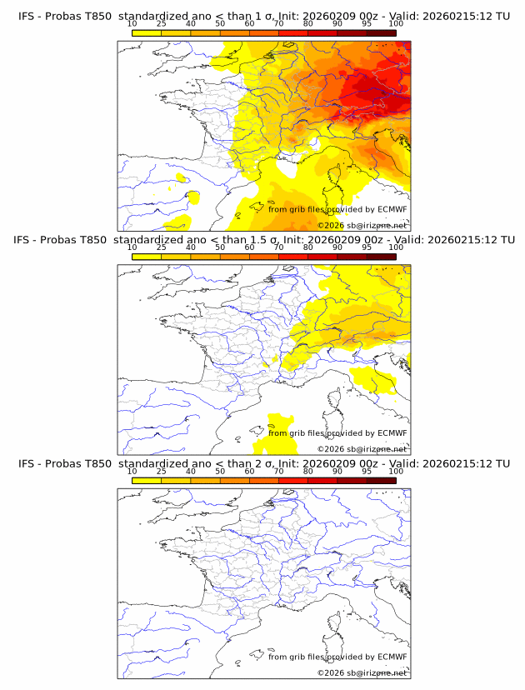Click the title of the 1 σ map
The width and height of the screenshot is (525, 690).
(263, 16)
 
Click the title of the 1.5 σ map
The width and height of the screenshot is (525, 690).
(263, 240)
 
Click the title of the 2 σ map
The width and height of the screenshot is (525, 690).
(263, 463)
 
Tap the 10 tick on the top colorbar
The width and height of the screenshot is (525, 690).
(132, 24)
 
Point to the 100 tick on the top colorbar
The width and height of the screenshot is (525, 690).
(396, 24)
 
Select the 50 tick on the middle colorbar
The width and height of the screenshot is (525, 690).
(220, 247)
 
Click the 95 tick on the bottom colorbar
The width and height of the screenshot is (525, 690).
(367, 472)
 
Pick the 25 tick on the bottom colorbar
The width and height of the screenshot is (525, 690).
(162, 472)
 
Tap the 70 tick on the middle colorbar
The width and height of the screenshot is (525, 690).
(278, 247)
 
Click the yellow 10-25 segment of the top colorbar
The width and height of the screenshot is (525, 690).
(147, 32)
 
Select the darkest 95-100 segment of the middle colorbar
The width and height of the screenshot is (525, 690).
(381, 257)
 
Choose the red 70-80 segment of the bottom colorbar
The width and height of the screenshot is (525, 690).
(293, 481)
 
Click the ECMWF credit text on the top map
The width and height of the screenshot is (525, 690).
(337, 209)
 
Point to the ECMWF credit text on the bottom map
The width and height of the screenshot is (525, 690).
(337, 657)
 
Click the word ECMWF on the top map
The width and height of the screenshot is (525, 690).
(392, 209)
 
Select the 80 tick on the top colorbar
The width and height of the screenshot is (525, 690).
(308, 24)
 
